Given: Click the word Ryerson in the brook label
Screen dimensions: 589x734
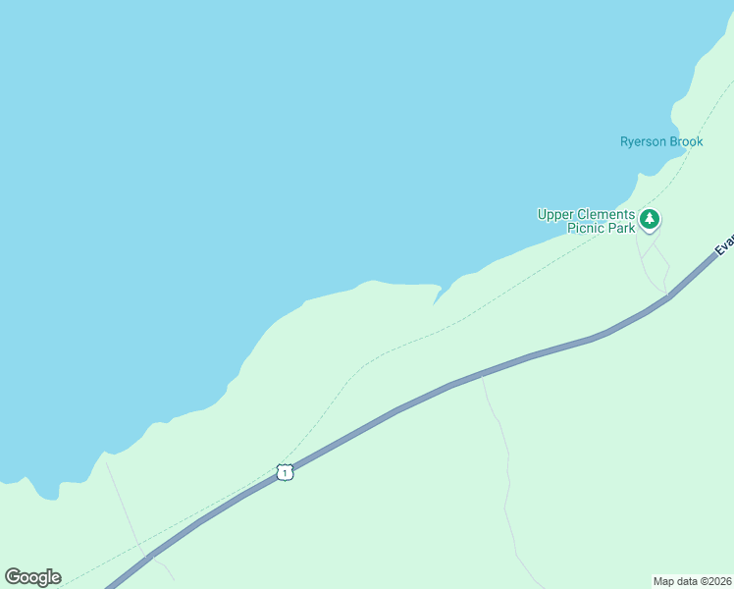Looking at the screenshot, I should pos(643,141).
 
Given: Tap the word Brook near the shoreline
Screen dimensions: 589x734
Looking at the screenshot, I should pos(686,141).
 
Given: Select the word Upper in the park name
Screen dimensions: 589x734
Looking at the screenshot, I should pos(554,214).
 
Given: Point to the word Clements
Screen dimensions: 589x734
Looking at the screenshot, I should pos(604,214).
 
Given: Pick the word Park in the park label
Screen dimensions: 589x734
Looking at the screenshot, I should pos(620,229).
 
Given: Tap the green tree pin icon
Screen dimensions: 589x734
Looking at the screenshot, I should pos(649,220).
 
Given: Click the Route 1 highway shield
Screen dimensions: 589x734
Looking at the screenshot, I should pos(285,472).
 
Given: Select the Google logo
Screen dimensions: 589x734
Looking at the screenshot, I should pos(32,577).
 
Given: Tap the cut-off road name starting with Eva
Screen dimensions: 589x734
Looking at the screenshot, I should pos(723,244).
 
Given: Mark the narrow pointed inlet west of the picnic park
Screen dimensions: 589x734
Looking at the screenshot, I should pos(437,297).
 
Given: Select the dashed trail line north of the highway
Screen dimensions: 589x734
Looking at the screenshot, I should pos(393,348).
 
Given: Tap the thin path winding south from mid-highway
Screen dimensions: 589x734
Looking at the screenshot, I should pos(505,471).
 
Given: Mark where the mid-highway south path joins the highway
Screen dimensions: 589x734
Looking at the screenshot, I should pos(481,374).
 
